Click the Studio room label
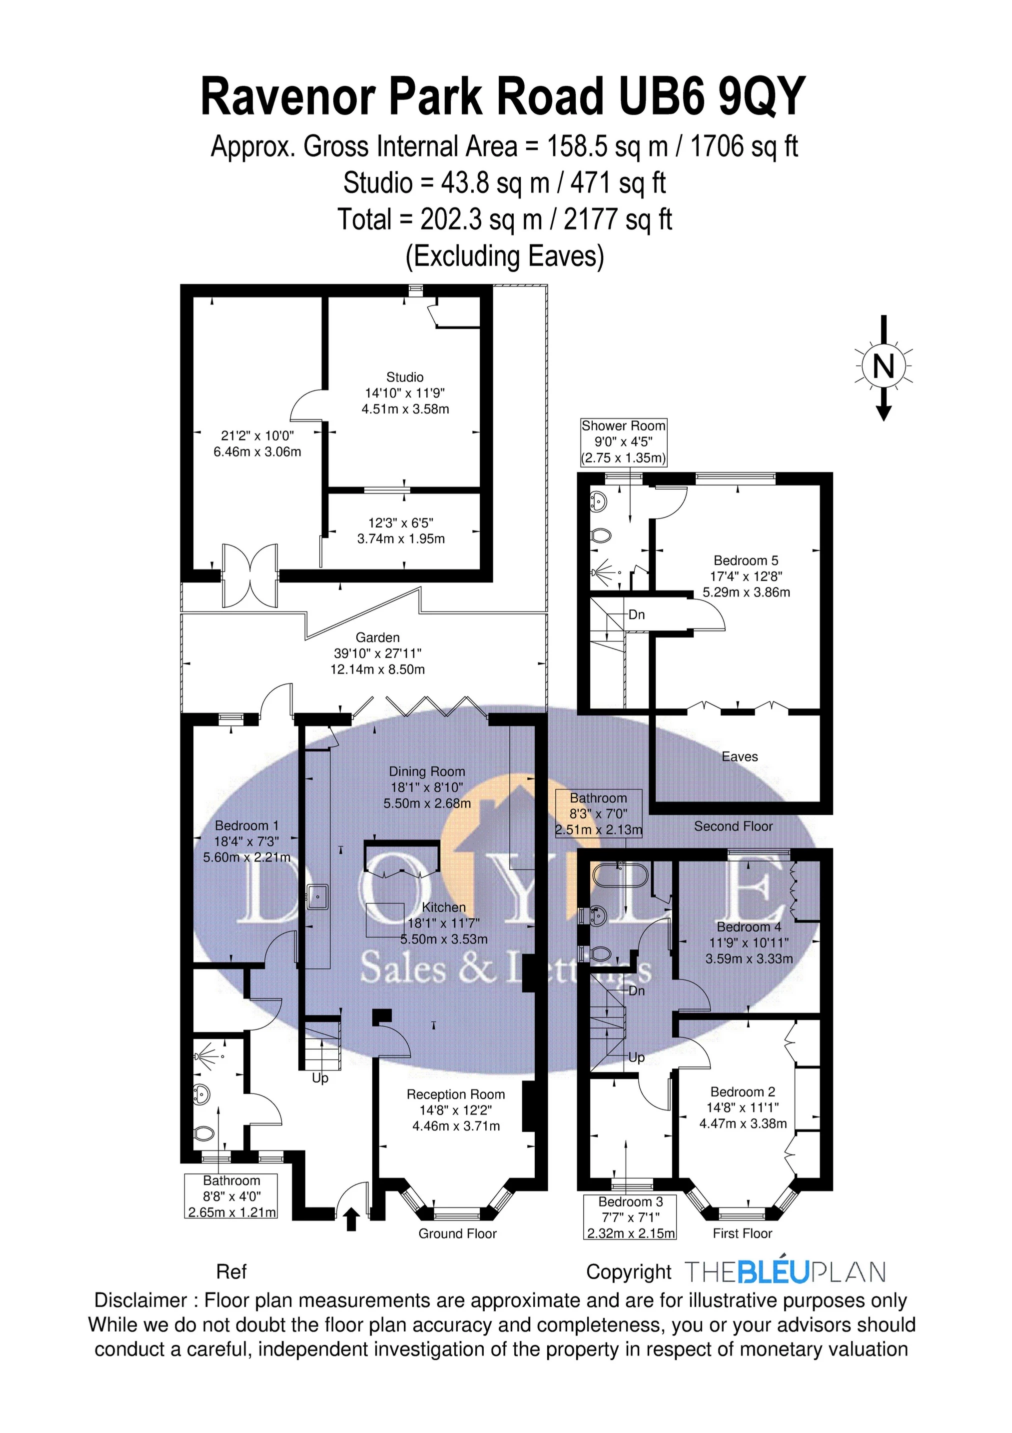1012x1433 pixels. (x=405, y=377)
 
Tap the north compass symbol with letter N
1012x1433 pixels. (x=883, y=366)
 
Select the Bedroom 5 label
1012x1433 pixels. (x=746, y=560)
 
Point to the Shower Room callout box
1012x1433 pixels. (x=623, y=442)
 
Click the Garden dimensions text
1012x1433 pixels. (x=377, y=661)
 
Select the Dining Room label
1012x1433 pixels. (x=427, y=771)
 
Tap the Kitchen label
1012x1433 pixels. (x=444, y=907)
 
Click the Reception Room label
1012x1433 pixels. (x=455, y=1094)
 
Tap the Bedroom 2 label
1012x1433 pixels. (x=743, y=1091)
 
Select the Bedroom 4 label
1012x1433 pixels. (x=749, y=927)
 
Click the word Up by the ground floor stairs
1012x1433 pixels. (x=320, y=1078)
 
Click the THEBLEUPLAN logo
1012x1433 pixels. (x=785, y=1272)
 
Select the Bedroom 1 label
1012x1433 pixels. (x=246, y=825)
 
